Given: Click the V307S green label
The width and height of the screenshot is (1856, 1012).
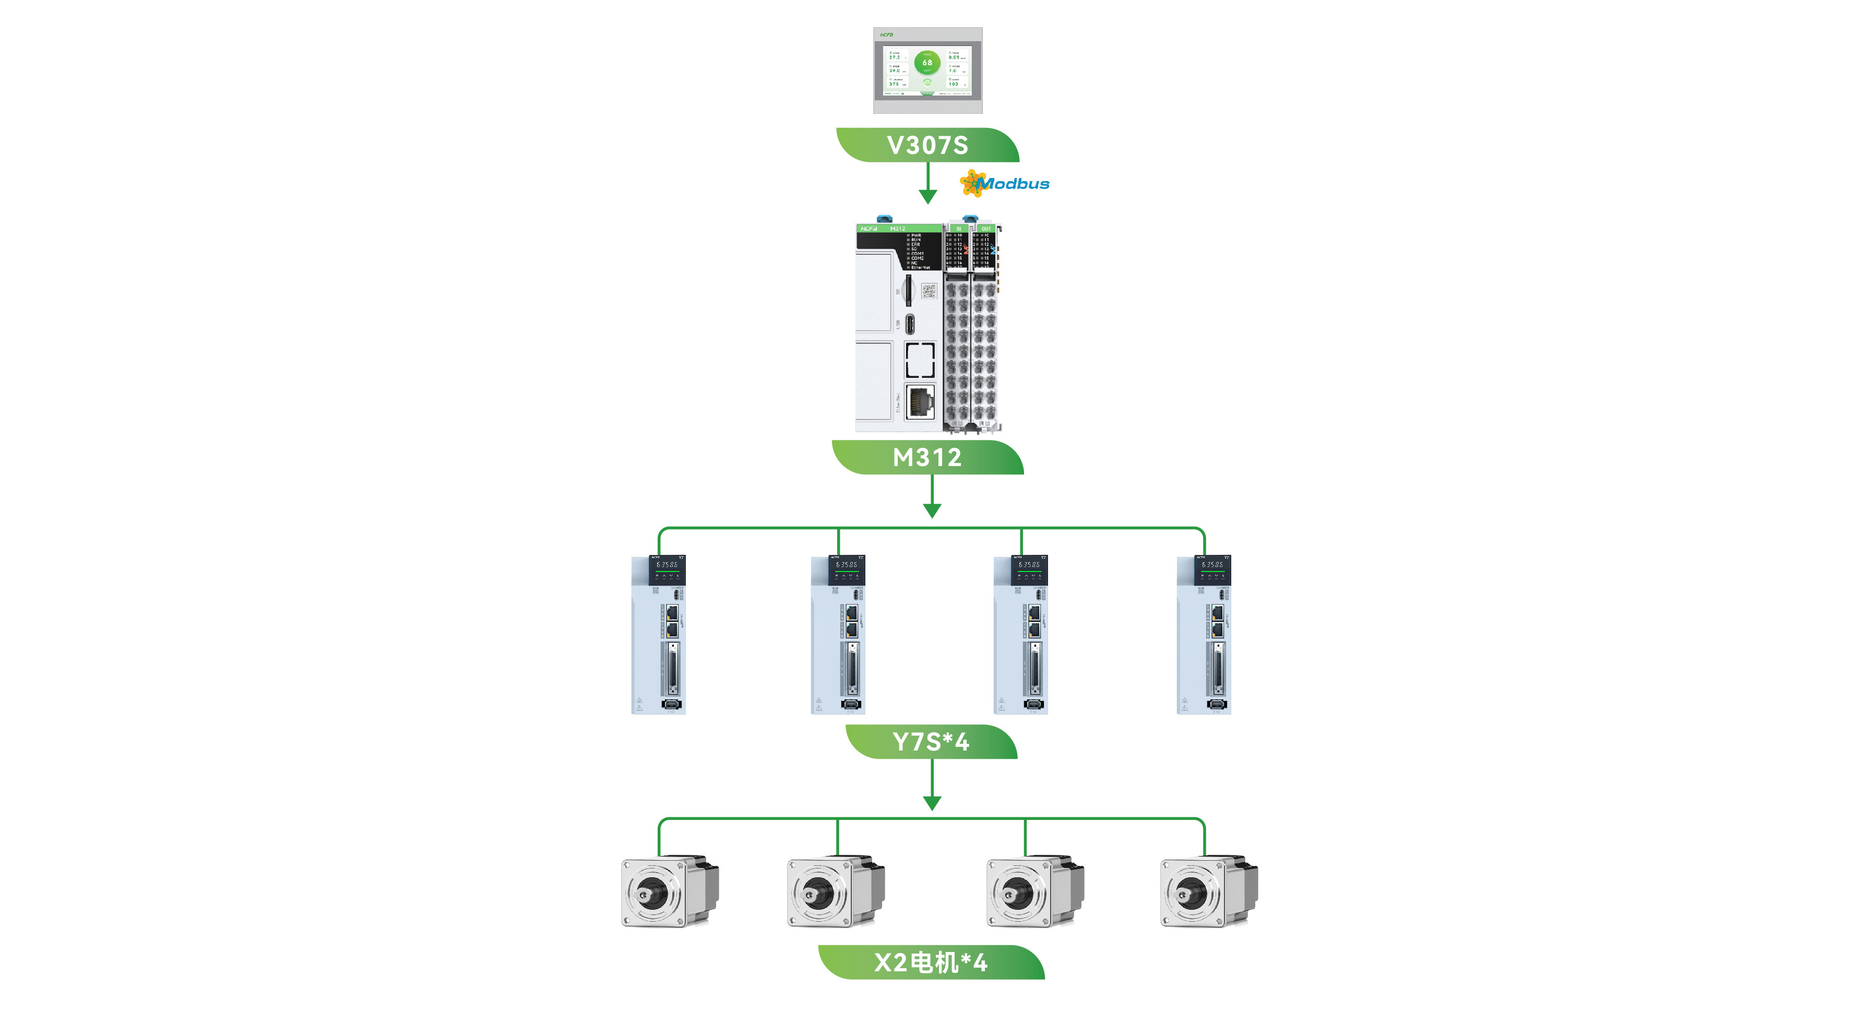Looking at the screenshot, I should [x=927, y=145].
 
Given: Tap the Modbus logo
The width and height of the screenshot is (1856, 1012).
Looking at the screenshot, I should [x=1005, y=184].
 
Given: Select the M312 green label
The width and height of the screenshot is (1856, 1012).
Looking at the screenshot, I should [x=927, y=457].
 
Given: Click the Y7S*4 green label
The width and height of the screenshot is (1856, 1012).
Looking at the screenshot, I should [x=931, y=741].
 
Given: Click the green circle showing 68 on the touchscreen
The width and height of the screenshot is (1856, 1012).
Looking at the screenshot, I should [x=927, y=63].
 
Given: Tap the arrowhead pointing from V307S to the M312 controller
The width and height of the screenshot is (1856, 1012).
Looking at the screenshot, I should [x=928, y=197].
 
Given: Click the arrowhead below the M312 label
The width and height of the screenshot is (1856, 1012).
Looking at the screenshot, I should [x=932, y=510].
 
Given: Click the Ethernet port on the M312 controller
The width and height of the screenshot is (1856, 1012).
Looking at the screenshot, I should [x=919, y=402].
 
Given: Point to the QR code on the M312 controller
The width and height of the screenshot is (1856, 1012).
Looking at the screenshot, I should [x=929, y=291].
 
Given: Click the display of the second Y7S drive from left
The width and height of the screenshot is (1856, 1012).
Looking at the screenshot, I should [x=847, y=565].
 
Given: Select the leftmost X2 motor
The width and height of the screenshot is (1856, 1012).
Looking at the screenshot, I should [x=669, y=892].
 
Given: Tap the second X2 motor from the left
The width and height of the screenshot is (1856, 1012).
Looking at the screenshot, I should [x=835, y=892].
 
